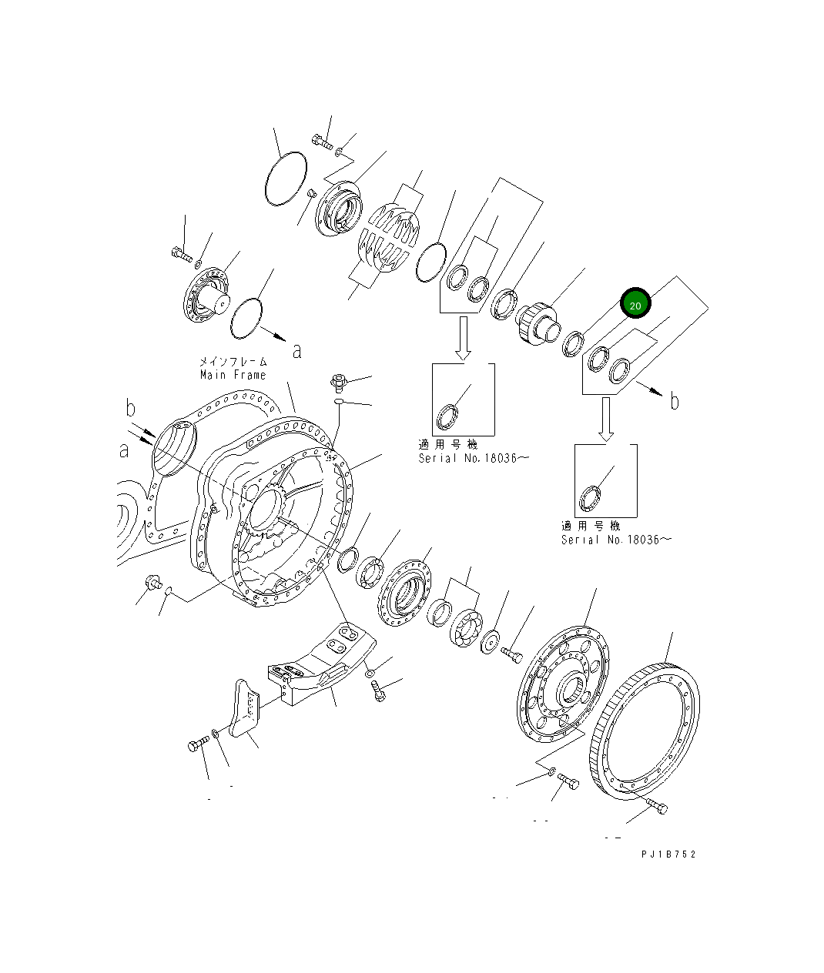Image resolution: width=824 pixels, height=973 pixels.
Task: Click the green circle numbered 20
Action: tap(635, 305)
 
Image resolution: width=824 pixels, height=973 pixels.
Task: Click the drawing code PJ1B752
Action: tap(667, 854)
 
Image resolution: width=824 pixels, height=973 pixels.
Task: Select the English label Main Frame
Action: tap(233, 375)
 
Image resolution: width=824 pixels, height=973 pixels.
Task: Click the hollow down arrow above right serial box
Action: tap(606, 418)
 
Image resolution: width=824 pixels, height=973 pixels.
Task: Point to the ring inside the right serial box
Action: tap(591, 499)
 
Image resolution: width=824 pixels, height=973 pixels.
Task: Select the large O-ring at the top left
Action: tap(286, 179)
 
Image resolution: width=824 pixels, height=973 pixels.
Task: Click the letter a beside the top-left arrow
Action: tap(296, 351)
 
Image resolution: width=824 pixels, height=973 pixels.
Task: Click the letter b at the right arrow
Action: tap(675, 401)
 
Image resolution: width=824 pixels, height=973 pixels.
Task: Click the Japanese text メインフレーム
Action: tap(233, 362)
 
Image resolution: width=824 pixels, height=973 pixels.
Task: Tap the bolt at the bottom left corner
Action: tap(197, 744)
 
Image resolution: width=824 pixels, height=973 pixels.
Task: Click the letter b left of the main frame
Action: tap(131, 408)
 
